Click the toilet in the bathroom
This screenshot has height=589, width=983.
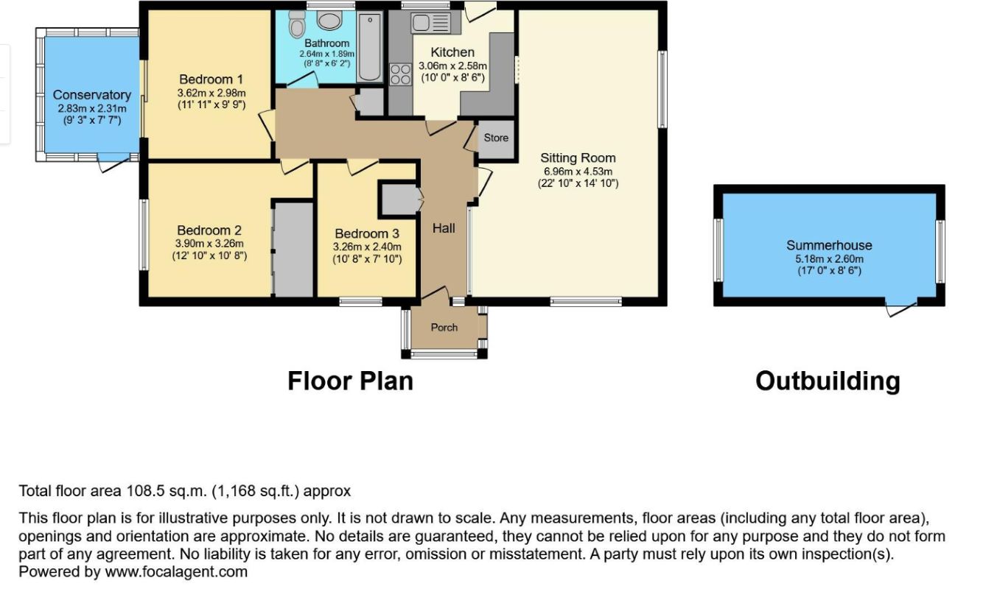[x=297, y=24]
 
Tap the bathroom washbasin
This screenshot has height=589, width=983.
[x=329, y=20]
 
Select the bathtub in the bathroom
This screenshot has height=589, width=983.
[x=369, y=46]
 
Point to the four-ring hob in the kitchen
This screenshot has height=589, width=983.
[x=400, y=74]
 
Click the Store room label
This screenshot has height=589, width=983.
[x=496, y=138]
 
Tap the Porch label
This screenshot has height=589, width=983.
[x=444, y=327]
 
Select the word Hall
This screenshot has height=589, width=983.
[x=444, y=228]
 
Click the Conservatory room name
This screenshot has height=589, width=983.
[x=91, y=95]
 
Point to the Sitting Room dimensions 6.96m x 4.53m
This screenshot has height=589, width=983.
[x=578, y=171]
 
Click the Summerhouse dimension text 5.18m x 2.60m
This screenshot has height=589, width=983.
[x=830, y=258]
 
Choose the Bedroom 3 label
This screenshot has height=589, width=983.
[x=367, y=233]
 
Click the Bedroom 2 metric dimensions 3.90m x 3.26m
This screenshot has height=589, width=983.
[x=209, y=244]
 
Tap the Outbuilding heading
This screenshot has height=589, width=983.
[x=828, y=381]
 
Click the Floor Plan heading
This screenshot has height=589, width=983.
[x=350, y=381]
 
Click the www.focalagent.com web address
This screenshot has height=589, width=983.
[x=176, y=571]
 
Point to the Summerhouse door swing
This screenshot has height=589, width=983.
[x=901, y=308]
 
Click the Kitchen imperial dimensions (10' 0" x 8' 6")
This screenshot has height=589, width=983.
[x=453, y=77]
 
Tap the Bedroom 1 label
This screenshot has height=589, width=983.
[x=211, y=80]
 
